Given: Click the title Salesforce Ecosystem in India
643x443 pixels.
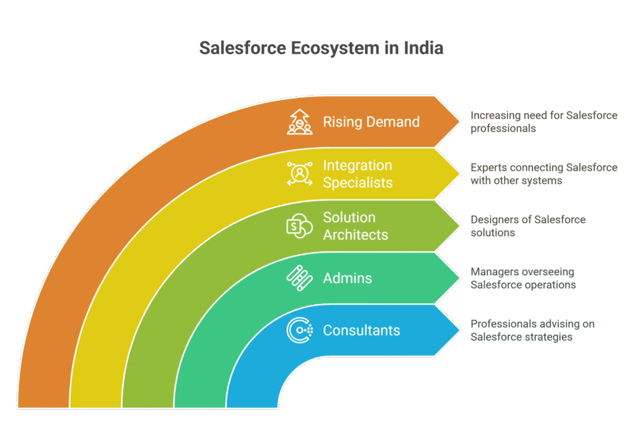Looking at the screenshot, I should click(x=321, y=48).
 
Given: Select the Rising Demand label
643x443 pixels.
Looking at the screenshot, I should click(x=371, y=122).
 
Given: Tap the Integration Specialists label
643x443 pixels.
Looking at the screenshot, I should click(x=357, y=174).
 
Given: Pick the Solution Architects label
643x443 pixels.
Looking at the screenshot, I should click(x=355, y=226).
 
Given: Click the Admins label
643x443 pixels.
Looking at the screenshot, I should click(x=347, y=278).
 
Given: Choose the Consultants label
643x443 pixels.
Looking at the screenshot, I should click(x=361, y=331).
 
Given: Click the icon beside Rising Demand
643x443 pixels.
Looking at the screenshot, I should click(x=300, y=122).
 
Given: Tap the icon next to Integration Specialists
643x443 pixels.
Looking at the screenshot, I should click(x=300, y=173).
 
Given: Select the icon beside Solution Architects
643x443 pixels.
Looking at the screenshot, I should click(x=300, y=226).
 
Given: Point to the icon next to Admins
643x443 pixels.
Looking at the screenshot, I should click(x=300, y=278).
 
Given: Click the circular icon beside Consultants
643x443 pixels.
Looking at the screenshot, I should click(x=300, y=331).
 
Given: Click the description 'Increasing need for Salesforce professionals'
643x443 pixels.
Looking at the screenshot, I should click(x=544, y=122).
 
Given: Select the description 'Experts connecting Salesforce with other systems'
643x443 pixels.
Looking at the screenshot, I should click(x=544, y=174).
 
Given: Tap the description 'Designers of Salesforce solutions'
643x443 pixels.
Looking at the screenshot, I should click(x=528, y=226).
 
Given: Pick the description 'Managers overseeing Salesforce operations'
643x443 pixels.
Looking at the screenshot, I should click(x=523, y=278).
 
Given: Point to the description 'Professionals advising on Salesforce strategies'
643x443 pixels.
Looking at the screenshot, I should click(x=532, y=331).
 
